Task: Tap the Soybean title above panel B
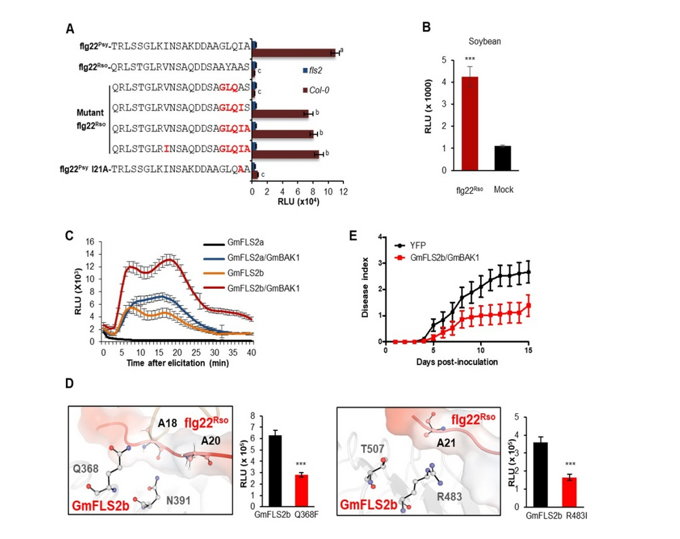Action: pos(481,41)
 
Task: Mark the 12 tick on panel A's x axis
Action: pos(344,192)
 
